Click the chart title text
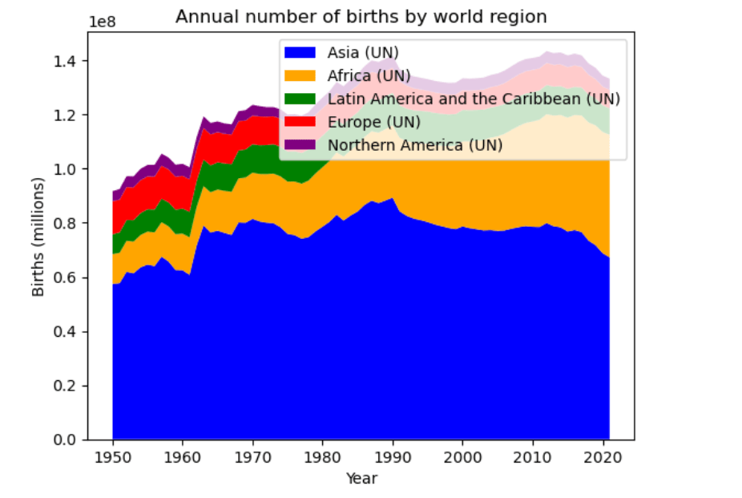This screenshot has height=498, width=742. (x=361, y=17)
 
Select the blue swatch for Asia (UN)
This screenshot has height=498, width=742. (x=300, y=53)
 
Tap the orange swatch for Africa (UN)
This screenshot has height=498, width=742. (x=300, y=76)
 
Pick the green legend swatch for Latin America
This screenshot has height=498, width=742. (x=300, y=99)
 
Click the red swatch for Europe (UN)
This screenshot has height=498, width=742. (x=300, y=122)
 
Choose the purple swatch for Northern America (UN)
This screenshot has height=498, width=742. (x=300, y=145)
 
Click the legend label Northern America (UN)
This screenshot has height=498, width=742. (x=414, y=145)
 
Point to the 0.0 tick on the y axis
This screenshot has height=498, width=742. (x=70, y=440)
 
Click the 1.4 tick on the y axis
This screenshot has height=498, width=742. (x=70, y=62)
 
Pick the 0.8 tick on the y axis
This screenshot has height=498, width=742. (x=70, y=224)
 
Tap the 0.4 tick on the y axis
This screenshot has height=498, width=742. (x=70, y=332)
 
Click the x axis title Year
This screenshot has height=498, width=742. (x=361, y=479)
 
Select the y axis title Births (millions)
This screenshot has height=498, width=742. (x=38, y=237)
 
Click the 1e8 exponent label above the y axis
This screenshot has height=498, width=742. (x=101, y=22)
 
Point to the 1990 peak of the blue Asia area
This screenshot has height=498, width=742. (x=392, y=199)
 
